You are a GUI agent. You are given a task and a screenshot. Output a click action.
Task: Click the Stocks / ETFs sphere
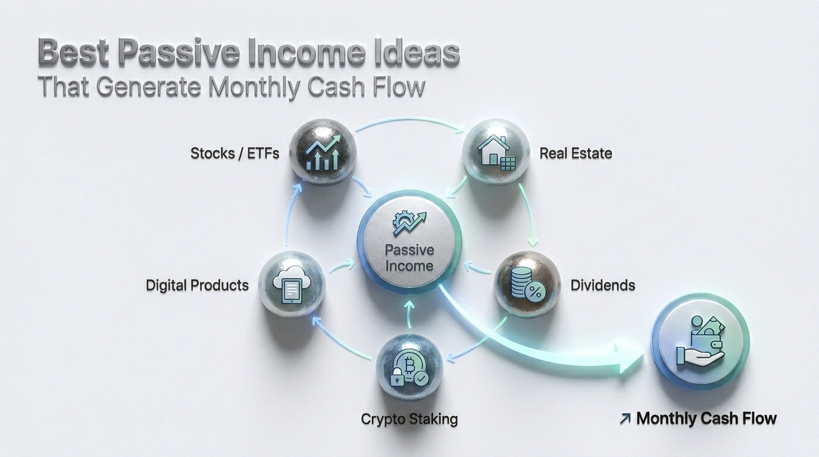pos(322,152)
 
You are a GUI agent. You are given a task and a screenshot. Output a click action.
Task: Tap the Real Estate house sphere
pos(496,152)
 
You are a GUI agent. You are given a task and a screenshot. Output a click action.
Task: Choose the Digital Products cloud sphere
pos(292,284)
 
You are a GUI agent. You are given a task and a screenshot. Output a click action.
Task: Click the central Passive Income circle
pos(409,242)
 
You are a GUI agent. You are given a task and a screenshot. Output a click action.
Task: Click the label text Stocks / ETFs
pos(235,153)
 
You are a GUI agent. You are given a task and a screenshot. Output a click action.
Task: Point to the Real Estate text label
pos(576,153)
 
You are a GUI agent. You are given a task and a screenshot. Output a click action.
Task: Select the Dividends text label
pos(602,285)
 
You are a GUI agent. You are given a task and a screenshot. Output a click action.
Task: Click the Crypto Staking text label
pos(409,419)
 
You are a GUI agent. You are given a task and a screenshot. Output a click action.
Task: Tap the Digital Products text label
pos(197,285)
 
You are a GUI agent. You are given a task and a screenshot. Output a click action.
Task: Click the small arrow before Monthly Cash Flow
pos(624,419)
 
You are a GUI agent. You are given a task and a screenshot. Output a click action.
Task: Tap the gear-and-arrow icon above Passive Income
pos(409,224)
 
